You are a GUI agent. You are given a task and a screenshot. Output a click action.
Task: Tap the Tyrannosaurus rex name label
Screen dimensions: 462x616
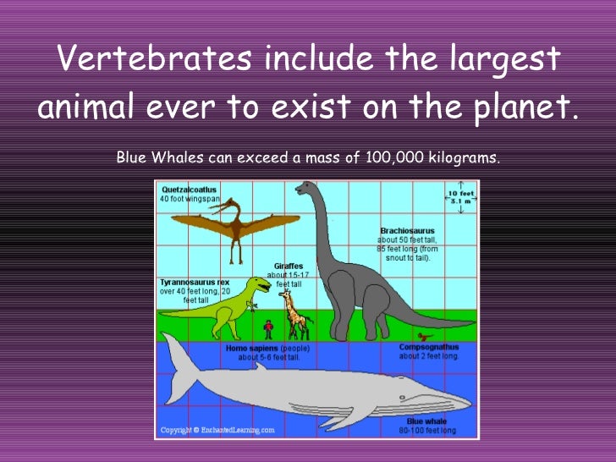click(195, 282)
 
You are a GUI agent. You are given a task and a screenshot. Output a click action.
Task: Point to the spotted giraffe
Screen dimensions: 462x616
click(293, 315)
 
